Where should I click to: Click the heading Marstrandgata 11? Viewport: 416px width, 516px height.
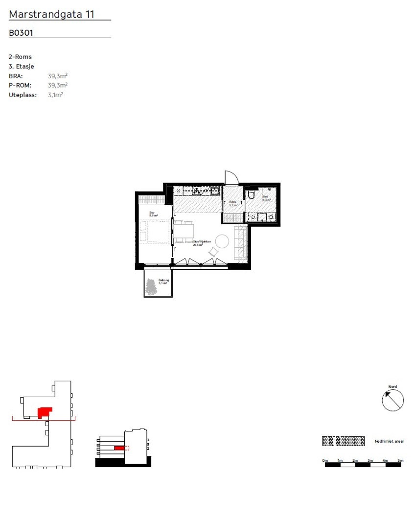(x=51, y=15)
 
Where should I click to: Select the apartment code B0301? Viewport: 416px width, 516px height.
(x=21, y=33)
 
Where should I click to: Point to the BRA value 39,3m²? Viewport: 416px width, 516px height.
(x=58, y=76)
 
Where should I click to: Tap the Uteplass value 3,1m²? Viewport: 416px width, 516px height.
(x=55, y=94)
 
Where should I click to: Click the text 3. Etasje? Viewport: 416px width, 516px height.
(x=22, y=66)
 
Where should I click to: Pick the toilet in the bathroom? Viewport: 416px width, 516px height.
(x=252, y=195)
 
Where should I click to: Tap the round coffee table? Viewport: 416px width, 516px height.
(x=223, y=241)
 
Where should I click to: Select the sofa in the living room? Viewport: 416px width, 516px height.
(x=241, y=243)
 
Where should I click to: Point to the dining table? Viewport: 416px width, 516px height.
(x=185, y=231)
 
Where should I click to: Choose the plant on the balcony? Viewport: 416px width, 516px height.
(x=152, y=287)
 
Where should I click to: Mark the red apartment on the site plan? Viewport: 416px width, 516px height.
(x=44, y=412)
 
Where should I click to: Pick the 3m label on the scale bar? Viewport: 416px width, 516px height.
(x=370, y=460)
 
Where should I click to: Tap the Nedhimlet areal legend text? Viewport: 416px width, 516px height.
(x=389, y=441)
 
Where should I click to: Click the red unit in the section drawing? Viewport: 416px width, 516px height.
(x=119, y=448)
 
